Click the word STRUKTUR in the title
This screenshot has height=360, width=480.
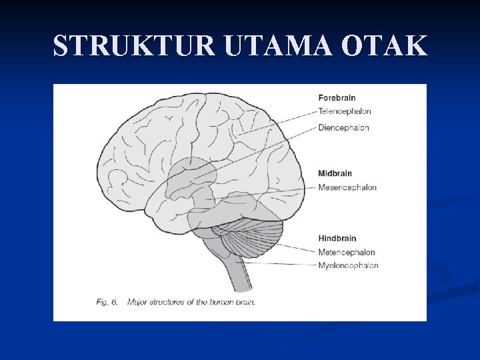[x=135, y=45]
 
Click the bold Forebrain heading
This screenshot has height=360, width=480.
[x=337, y=98]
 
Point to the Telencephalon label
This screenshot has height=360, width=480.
[x=345, y=111]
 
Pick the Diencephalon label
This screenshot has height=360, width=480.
[x=343, y=127]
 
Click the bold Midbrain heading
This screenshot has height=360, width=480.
[x=335, y=173]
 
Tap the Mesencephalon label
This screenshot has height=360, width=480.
[x=347, y=187]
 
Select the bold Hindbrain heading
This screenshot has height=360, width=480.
[x=337, y=238]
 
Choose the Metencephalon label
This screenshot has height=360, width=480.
[x=347, y=252]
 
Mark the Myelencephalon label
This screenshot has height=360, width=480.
[x=348, y=265]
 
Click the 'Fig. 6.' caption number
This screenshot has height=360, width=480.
[x=107, y=302]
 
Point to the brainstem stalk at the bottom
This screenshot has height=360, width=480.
[x=240, y=273]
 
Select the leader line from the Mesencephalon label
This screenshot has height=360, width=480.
[x=267, y=193]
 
